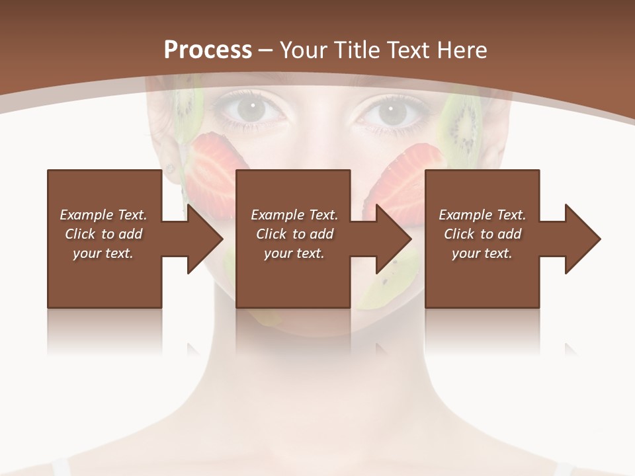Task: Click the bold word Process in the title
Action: click(x=208, y=50)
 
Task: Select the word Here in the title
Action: click(x=462, y=50)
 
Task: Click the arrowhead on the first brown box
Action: click(x=205, y=239)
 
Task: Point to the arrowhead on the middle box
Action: click(x=394, y=239)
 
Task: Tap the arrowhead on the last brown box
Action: click(x=583, y=239)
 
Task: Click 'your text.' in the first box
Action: click(x=103, y=253)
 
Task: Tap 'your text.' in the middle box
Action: click(x=294, y=253)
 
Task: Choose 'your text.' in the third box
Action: click(x=482, y=253)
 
